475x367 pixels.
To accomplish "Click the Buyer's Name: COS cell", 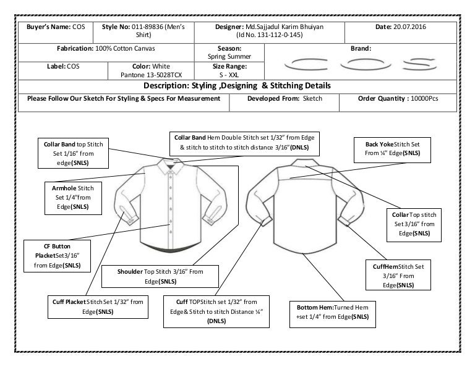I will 56,28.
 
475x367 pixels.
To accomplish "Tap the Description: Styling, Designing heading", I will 237,85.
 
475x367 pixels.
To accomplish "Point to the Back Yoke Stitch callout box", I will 393,148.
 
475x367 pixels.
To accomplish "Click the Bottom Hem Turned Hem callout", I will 333,313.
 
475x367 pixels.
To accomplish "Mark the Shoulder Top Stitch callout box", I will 160,276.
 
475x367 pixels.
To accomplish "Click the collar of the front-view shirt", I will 168,164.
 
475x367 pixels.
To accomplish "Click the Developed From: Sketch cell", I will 288,99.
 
